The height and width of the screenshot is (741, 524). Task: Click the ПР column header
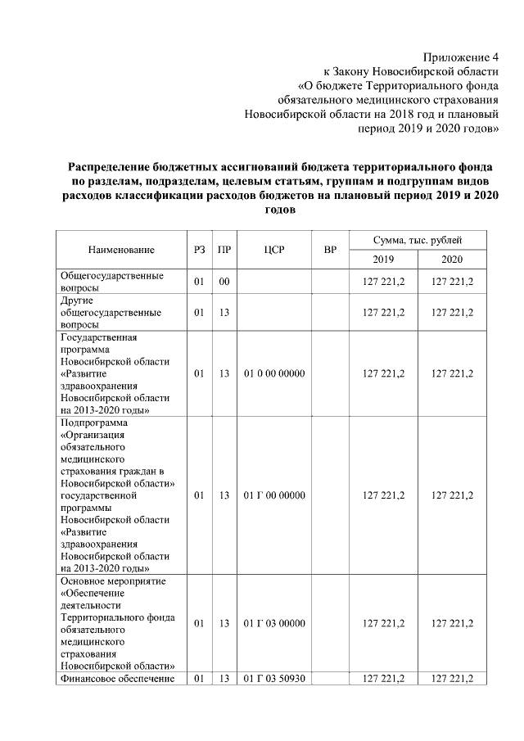(x=223, y=250)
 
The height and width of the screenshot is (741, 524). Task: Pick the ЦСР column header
(x=274, y=250)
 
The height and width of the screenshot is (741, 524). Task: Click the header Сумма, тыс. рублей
(x=418, y=240)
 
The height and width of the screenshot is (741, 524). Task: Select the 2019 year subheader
(x=383, y=260)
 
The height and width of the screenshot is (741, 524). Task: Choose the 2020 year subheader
(x=452, y=260)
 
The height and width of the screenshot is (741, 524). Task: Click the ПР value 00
(x=223, y=282)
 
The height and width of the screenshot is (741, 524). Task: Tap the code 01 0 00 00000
(x=274, y=373)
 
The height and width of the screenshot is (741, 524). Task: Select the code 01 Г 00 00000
(x=274, y=495)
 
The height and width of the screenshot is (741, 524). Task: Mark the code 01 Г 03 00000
(x=274, y=624)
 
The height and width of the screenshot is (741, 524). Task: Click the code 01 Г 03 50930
(x=274, y=678)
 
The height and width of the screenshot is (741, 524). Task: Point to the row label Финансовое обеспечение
(x=119, y=678)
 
